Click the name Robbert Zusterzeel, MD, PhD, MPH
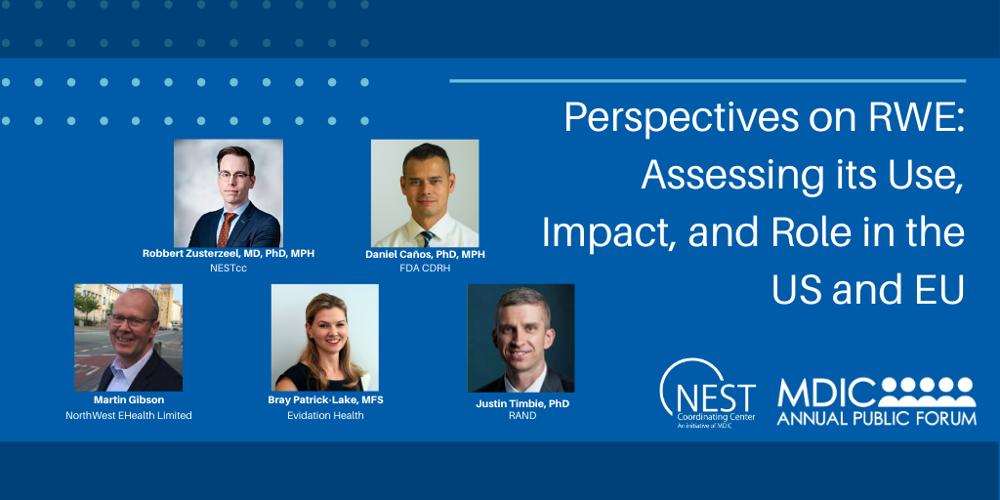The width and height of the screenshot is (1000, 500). click(229, 254)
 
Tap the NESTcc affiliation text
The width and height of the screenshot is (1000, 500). click(229, 268)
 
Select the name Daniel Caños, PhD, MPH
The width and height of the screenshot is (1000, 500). click(425, 255)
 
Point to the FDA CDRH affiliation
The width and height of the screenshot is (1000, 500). click(425, 269)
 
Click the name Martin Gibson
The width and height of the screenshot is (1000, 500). click(128, 401)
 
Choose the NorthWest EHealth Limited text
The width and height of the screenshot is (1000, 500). click(128, 416)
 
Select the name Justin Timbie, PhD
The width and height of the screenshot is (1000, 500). click(522, 403)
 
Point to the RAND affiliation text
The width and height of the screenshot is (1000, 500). click(522, 416)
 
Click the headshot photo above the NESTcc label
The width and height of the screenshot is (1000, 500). click(229, 193)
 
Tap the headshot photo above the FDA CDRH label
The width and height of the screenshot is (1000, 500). click(425, 193)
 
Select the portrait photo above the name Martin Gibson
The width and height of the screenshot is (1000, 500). click(128, 338)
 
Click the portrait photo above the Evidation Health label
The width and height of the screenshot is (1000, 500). click(324, 338)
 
